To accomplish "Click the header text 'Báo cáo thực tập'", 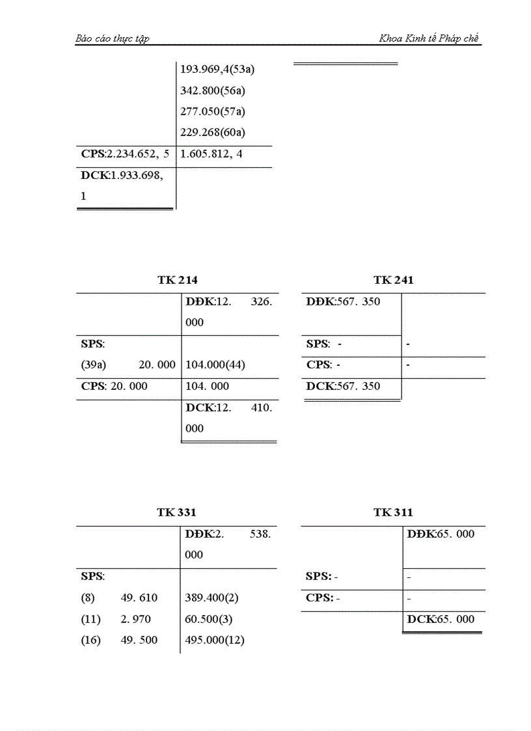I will point(113,38).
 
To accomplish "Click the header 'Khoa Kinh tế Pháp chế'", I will point(429,38).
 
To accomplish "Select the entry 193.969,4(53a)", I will point(221,68).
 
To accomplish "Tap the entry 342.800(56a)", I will point(217,90).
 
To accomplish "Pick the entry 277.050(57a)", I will point(217,111).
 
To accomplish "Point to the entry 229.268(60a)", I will point(217,133).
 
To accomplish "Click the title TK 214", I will point(177,280).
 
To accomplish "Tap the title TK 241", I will point(394,280).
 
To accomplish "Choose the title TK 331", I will point(176,513).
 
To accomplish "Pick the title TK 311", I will point(393,513).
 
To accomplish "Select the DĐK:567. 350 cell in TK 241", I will point(344,301).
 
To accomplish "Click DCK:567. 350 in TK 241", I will point(344,386).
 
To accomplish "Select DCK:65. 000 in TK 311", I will point(441,619).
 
